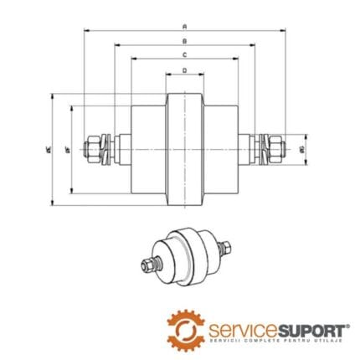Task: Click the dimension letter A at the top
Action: pos(184,26)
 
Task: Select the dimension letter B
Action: pos(184,40)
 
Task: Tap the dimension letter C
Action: pos(184,54)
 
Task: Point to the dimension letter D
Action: pos(184,71)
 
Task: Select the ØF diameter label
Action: pos(67,149)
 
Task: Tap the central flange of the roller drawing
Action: pos(184,148)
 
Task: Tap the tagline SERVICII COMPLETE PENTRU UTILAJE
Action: pos(268,337)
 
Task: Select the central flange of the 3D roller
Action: pos(188,255)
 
